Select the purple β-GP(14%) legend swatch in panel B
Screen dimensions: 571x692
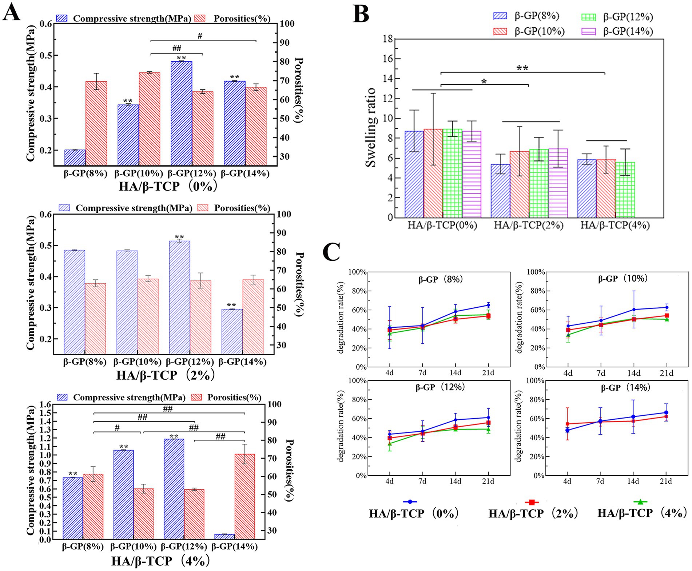tap(588, 32)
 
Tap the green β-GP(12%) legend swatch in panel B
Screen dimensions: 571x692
tap(588, 17)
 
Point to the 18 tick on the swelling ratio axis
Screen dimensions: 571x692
tap(388, 39)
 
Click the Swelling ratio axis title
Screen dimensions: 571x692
tap(371, 127)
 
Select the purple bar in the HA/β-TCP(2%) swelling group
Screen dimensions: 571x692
tap(558, 183)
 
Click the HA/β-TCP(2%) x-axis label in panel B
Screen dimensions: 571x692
tap(528, 225)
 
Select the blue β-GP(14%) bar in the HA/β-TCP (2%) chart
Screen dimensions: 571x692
tap(232, 331)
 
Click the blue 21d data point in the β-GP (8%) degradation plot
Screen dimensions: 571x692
tap(488, 305)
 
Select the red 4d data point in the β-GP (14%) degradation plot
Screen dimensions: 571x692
tap(567, 424)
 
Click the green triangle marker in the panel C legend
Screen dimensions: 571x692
tap(640, 502)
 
